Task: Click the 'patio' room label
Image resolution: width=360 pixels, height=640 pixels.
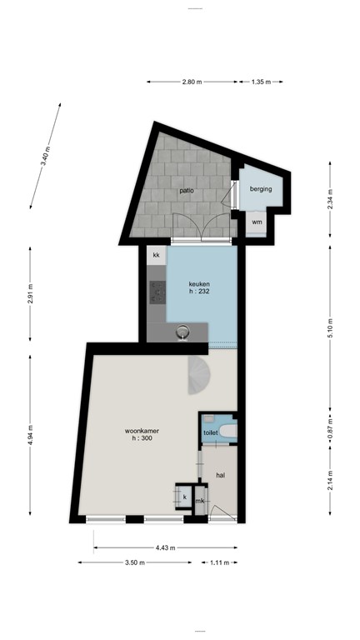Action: pyautogui.click(x=186, y=191)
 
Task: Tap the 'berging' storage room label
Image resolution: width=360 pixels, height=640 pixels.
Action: pyautogui.click(x=262, y=189)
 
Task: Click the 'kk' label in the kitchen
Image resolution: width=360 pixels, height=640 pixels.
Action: pyautogui.click(x=155, y=255)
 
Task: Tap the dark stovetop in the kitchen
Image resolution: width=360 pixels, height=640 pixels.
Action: pyautogui.click(x=157, y=292)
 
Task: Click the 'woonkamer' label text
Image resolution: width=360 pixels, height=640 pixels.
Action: pyautogui.click(x=142, y=431)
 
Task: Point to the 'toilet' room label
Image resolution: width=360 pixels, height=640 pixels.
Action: pyautogui.click(x=211, y=433)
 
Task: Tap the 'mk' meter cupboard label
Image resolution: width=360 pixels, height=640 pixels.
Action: pyautogui.click(x=200, y=501)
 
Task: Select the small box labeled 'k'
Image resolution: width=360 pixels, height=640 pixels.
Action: pyautogui.click(x=184, y=497)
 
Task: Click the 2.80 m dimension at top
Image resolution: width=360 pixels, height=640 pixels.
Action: pyautogui.click(x=192, y=82)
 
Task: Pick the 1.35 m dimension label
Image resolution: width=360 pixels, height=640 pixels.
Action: pyautogui.click(x=262, y=82)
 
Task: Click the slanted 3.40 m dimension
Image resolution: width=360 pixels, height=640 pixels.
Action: pyautogui.click(x=45, y=156)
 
